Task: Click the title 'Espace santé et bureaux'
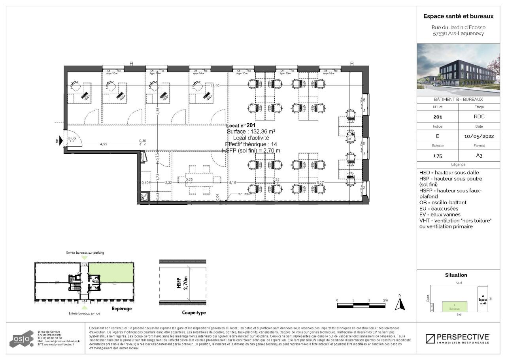click(x=458, y=16)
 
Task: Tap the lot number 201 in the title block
click(x=438, y=117)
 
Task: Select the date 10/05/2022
click(x=479, y=136)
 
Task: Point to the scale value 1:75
click(x=438, y=156)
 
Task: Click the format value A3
click(x=479, y=156)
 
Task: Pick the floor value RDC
click(x=479, y=117)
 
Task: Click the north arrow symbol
click(x=400, y=303)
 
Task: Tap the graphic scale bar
click(x=361, y=305)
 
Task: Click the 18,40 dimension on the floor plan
click(x=215, y=85)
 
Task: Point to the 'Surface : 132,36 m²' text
click(x=251, y=132)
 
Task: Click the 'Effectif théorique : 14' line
click(x=251, y=144)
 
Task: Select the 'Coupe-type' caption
click(x=194, y=313)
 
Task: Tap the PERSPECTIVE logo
click(x=458, y=339)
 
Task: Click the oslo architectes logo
click(x=22, y=339)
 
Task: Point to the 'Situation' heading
click(x=456, y=275)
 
